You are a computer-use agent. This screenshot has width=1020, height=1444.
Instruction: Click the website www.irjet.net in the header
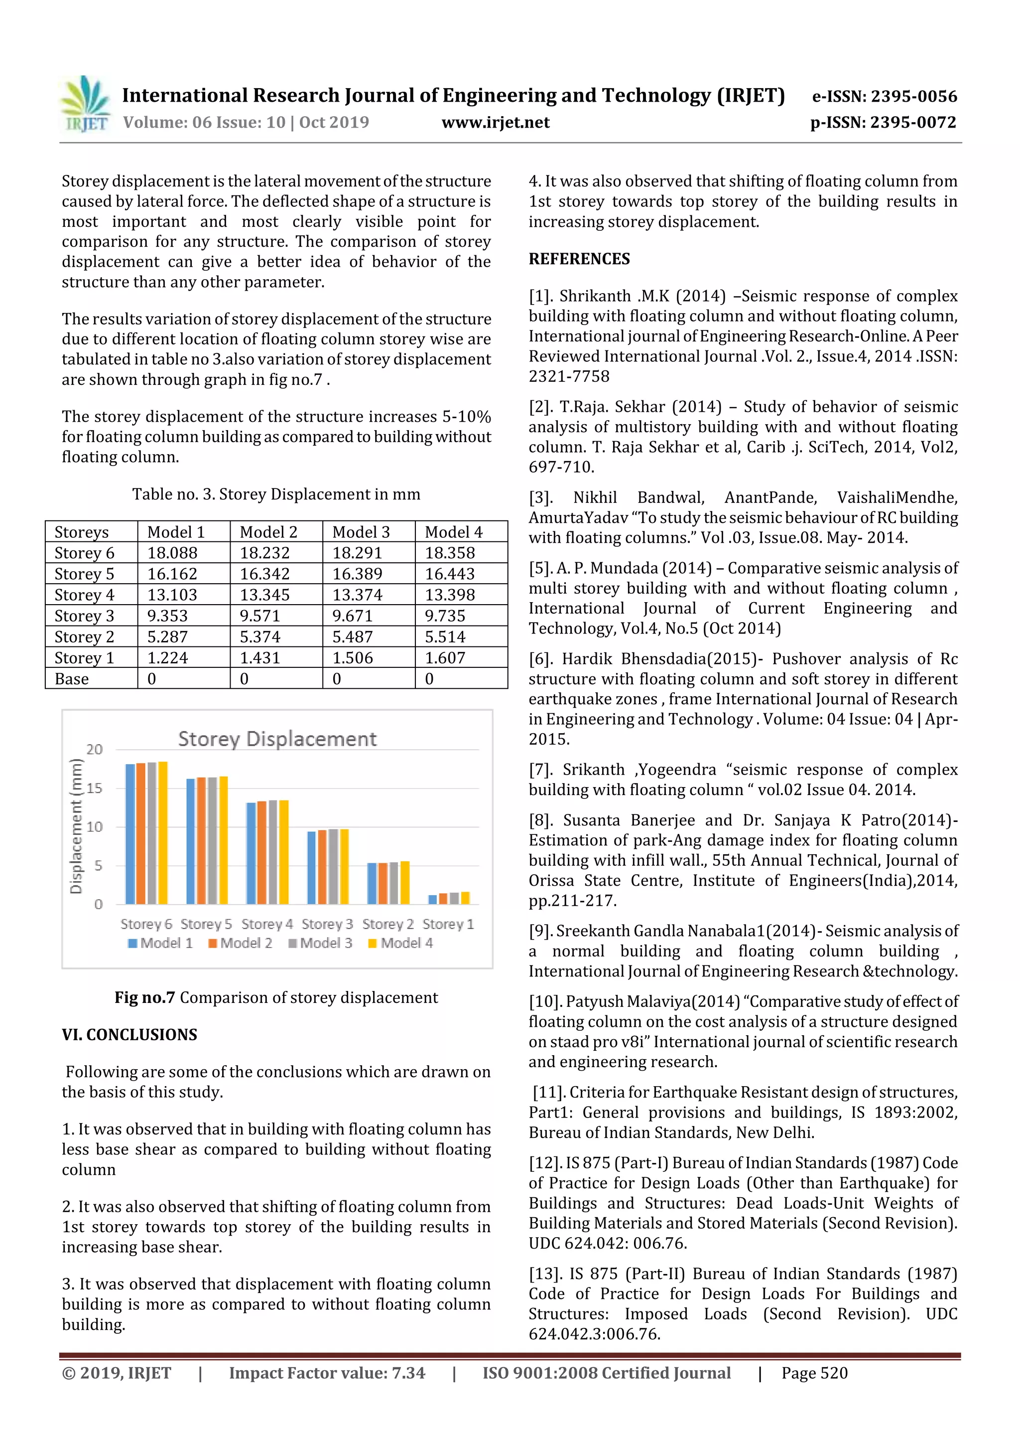(x=495, y=123)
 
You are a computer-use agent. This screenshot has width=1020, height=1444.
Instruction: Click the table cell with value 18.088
(x=172, y=553)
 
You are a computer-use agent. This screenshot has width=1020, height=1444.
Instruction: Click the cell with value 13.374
(x=353, y=595)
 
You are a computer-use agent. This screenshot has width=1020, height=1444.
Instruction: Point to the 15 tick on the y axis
(x=94, y=788)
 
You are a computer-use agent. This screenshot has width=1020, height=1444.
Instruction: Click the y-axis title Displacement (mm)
(x=76, y=826)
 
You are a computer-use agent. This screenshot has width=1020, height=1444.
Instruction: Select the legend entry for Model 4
(x=400, y=943)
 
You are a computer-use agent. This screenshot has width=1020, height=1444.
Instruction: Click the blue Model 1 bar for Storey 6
(x=130, y=833)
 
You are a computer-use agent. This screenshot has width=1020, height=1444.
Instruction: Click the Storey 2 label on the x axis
(x=388, y=924)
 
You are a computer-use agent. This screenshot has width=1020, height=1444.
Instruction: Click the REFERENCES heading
(x=579, y=259)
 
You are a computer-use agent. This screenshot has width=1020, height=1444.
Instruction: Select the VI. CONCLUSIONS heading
(x=129, y=1035)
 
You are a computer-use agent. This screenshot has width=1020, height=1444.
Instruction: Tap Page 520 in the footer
(x=814, y=1373)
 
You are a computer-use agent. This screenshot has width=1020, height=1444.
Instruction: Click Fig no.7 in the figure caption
(x=144, y=997)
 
